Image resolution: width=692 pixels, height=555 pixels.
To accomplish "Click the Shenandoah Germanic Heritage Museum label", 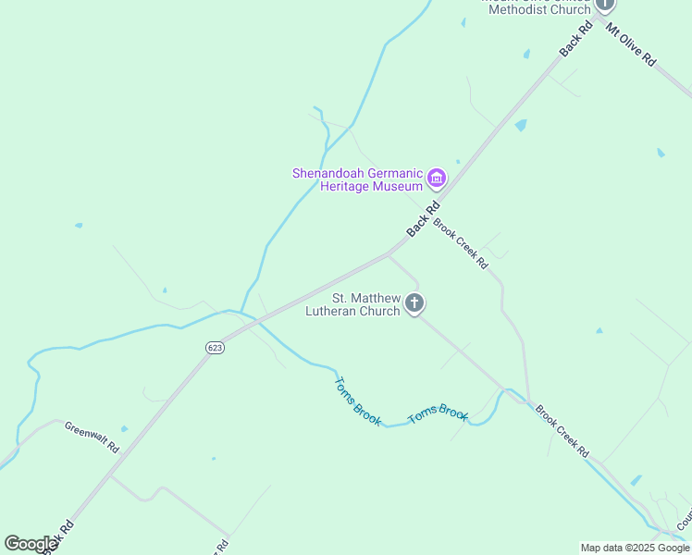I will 357,179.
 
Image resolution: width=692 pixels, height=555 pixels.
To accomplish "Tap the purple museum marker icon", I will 437,178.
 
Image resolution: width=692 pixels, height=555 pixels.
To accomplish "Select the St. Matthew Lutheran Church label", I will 353,304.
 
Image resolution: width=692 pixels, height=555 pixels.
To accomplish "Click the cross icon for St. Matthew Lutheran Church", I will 415,302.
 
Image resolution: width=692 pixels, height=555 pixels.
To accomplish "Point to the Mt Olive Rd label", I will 631,43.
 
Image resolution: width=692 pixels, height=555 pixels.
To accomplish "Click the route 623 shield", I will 215,347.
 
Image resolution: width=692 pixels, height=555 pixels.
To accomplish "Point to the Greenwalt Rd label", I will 93,436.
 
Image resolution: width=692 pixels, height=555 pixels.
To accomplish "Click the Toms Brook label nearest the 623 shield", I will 357,401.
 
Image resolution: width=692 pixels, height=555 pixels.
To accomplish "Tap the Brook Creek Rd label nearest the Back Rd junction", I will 460,243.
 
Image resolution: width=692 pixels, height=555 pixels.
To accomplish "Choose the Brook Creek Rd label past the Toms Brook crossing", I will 562,430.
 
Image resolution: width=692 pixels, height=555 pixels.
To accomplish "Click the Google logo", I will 31,543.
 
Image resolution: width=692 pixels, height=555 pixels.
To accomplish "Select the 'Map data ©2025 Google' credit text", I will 635,548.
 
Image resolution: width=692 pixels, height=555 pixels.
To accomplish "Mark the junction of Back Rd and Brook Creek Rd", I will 389,253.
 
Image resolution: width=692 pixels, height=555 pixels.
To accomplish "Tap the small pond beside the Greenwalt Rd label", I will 124,429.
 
